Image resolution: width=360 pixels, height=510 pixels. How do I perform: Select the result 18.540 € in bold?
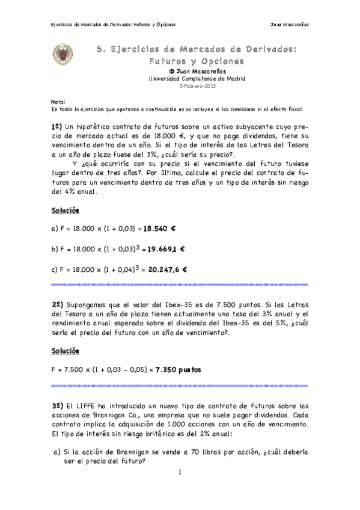[159, 229]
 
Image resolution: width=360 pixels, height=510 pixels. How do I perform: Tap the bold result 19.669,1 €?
[166, 249]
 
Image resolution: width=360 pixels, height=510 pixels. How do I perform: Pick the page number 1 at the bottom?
[180, 472]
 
